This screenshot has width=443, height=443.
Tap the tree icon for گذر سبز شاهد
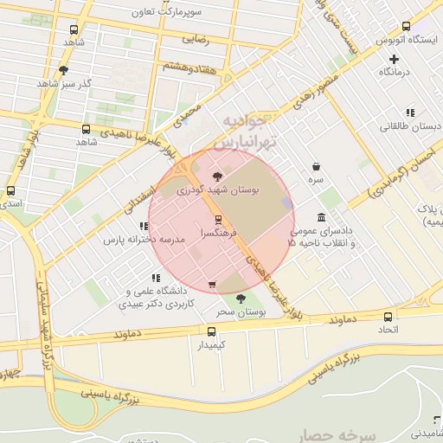pos(63,70)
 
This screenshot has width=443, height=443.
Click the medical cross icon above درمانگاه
pos(395,59)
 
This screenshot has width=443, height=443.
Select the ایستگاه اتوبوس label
pos(400,40)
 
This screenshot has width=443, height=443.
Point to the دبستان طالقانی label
pos(411,126)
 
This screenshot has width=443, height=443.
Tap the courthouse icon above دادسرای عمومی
pos(321,216)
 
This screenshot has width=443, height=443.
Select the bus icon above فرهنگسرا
pos(217,220)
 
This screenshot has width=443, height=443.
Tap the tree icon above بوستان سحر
pos(241,299)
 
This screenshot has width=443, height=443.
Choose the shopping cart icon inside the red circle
pos(212,284)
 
